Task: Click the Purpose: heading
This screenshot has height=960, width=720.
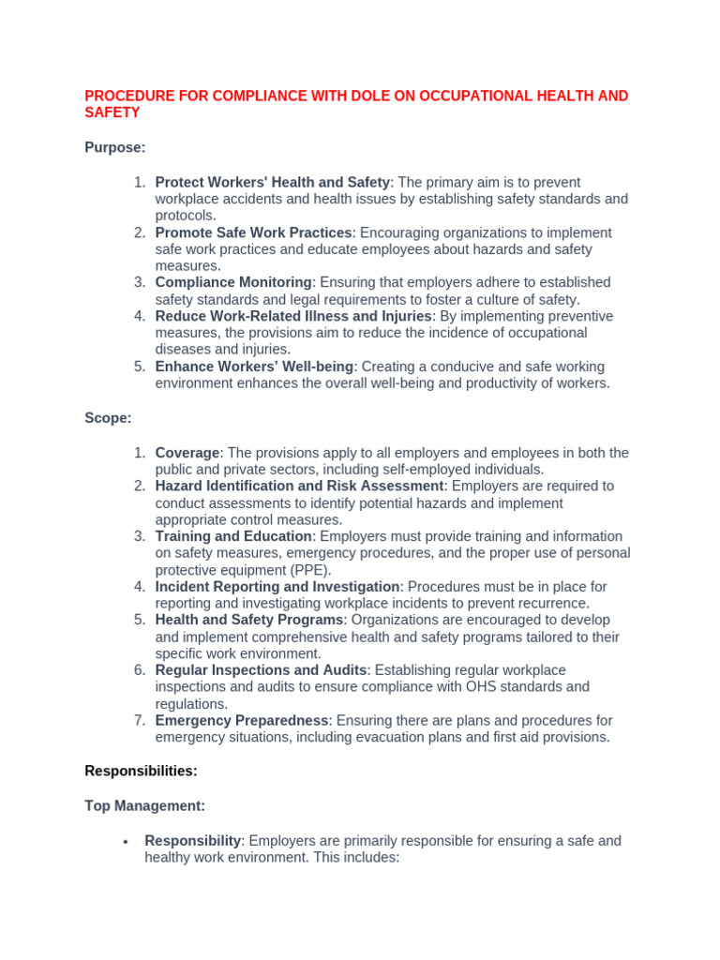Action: click(x=115, y=147)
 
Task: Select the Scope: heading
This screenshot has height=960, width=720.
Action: click(x=108, y=418)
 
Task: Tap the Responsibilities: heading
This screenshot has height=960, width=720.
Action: click(x=141, y=771)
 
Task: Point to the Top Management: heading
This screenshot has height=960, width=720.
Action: click(x=144, y=805)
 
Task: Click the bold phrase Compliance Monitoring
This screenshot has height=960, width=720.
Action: click(x=232, y=282)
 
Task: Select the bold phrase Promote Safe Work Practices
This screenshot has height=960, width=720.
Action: click(x=253, y=232)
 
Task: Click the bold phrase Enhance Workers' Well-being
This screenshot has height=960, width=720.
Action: click(x=254, y=367)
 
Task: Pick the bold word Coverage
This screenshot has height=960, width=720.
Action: click(x=187, y=453)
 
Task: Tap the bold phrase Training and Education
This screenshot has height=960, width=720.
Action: click(x=232, y=536)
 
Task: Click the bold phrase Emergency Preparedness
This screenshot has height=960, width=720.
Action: click(x=242, y=720)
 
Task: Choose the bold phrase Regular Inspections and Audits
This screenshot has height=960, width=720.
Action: click(x=262, y=669)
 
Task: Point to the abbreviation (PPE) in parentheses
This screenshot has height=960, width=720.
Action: click(x=310, y=570)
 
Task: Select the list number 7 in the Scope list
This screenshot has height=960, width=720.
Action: click(x=139, y=720)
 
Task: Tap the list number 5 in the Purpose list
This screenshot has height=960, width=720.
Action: click(x=139, y=367)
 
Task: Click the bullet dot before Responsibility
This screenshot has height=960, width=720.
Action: click(x=125, y=841)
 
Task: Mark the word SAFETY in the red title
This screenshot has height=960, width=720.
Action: click(x=112, y=113)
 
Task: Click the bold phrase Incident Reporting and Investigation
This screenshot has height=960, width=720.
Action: click(x=277, y=586)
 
